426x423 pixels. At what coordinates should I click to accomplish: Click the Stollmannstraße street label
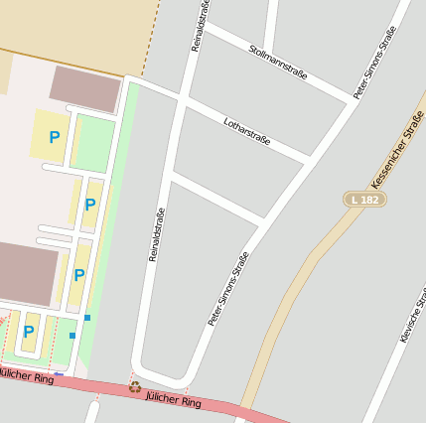[x=278, y=62]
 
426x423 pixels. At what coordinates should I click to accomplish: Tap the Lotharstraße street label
[x=247, y=131]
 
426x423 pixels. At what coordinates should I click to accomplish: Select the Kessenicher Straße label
[x=397, y=152]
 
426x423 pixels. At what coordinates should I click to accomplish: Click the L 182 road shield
[x=364, y=200]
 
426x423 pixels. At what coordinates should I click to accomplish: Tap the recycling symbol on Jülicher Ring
[x=135, y=387]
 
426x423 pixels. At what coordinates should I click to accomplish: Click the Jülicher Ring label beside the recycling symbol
[x=174, y=399]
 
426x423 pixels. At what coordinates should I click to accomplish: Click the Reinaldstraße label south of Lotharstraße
[x=155, y=234]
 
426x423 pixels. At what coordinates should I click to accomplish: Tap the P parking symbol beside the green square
[x=55, y=138]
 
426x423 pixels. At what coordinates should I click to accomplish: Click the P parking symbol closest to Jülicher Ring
[x=29, y=331]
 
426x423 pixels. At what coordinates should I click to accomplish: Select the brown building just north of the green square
[x=85, y=88]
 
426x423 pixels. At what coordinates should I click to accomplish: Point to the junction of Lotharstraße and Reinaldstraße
[x=181, y=100]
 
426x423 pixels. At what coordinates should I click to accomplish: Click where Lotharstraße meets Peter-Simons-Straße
[x=309, y=160]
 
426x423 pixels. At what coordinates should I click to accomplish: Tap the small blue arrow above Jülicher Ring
[x=59, y=374]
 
